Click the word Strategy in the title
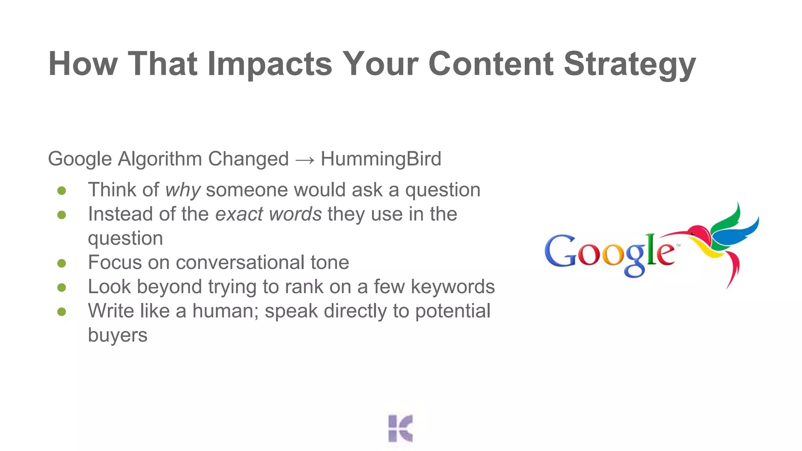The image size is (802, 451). click(629, 64)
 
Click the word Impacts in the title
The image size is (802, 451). click(269, 64)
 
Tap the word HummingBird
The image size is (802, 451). click(381, 159)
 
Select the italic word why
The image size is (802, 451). click(183, 190)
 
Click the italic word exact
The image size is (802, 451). click(239, 214)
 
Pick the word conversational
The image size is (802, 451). click(240, 262)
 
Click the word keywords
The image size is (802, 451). click(452, 287)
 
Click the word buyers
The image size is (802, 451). click(117, 335)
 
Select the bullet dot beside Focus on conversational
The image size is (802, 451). click(61, 263)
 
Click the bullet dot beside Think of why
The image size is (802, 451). click(61, 191)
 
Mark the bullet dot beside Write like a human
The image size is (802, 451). click(61, 312)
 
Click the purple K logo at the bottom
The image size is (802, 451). click(400, 428)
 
